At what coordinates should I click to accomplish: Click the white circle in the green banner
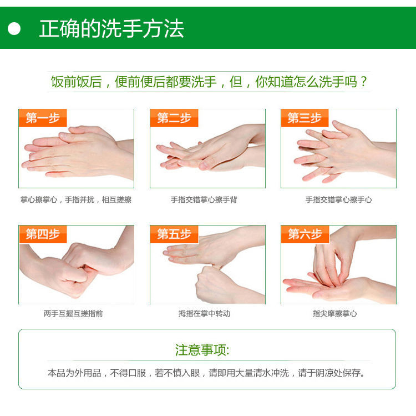pos(14,28)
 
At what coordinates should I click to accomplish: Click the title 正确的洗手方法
pos(111,28)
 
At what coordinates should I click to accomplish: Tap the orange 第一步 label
pos(43,118)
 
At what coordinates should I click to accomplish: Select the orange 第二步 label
pos(174,118)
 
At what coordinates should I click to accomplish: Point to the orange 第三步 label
pos(305,118)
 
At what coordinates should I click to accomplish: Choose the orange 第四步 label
pos(43,234)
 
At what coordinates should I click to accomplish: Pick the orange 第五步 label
pos(174,234)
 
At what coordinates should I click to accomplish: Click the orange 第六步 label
pos(305,234)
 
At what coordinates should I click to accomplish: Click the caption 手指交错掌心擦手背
pos(204,200)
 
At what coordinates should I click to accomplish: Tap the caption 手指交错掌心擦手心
pos(338,200)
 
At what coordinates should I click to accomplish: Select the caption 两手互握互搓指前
pos(73,314)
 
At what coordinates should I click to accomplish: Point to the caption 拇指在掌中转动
pos(204,314)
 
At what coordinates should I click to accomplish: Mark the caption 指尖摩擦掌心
pos(334,314)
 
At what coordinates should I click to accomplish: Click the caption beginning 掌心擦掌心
pos(76,200)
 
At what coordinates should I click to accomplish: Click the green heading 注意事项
pos(202,350)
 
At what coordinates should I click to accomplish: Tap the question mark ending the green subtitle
pos(364,82)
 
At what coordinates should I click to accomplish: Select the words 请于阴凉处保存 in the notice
pos(331,373)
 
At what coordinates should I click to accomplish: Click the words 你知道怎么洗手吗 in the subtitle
pos(306,82)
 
